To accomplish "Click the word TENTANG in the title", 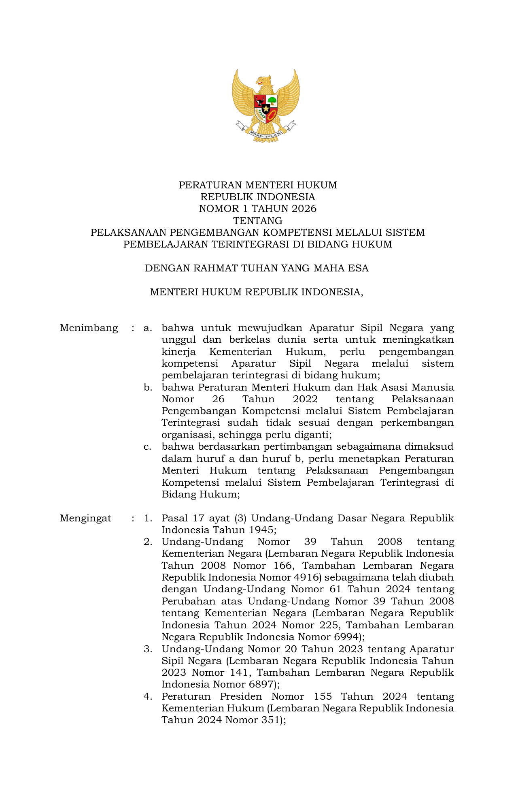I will pyautogui.click(x=258, y=221).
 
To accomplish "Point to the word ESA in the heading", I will pyautogui.click(x=359, y=268).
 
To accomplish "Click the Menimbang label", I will pyautogui.click(x=89, y=328).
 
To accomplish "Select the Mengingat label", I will pyautogui.click(x=85, y=518).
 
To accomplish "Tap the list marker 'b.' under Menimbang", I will pyautogui.click(x=148, y=388).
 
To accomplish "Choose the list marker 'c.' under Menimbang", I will pyautogui.click(x=147, y=447).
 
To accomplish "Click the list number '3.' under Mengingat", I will pyautogui.click(x=148, y=649).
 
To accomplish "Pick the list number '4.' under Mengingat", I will pyautogui.click(x=148, y=696).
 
